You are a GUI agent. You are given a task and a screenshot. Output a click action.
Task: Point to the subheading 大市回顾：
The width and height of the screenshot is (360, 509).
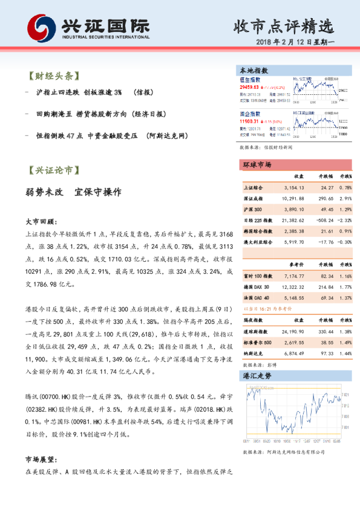(x=40, y=222)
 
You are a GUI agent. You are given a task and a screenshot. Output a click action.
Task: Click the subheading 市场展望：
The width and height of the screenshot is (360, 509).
(x=40, y=459)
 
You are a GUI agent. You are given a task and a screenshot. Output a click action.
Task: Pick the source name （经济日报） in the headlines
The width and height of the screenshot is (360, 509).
(x=144, y=114)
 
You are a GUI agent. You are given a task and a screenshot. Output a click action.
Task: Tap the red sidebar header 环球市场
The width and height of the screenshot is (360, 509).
(x=257, y=165)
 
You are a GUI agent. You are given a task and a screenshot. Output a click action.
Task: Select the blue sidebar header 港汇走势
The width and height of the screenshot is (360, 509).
(x=257, y=375)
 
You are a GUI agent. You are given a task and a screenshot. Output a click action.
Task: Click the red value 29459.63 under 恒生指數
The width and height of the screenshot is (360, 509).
(x=250, y=87)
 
